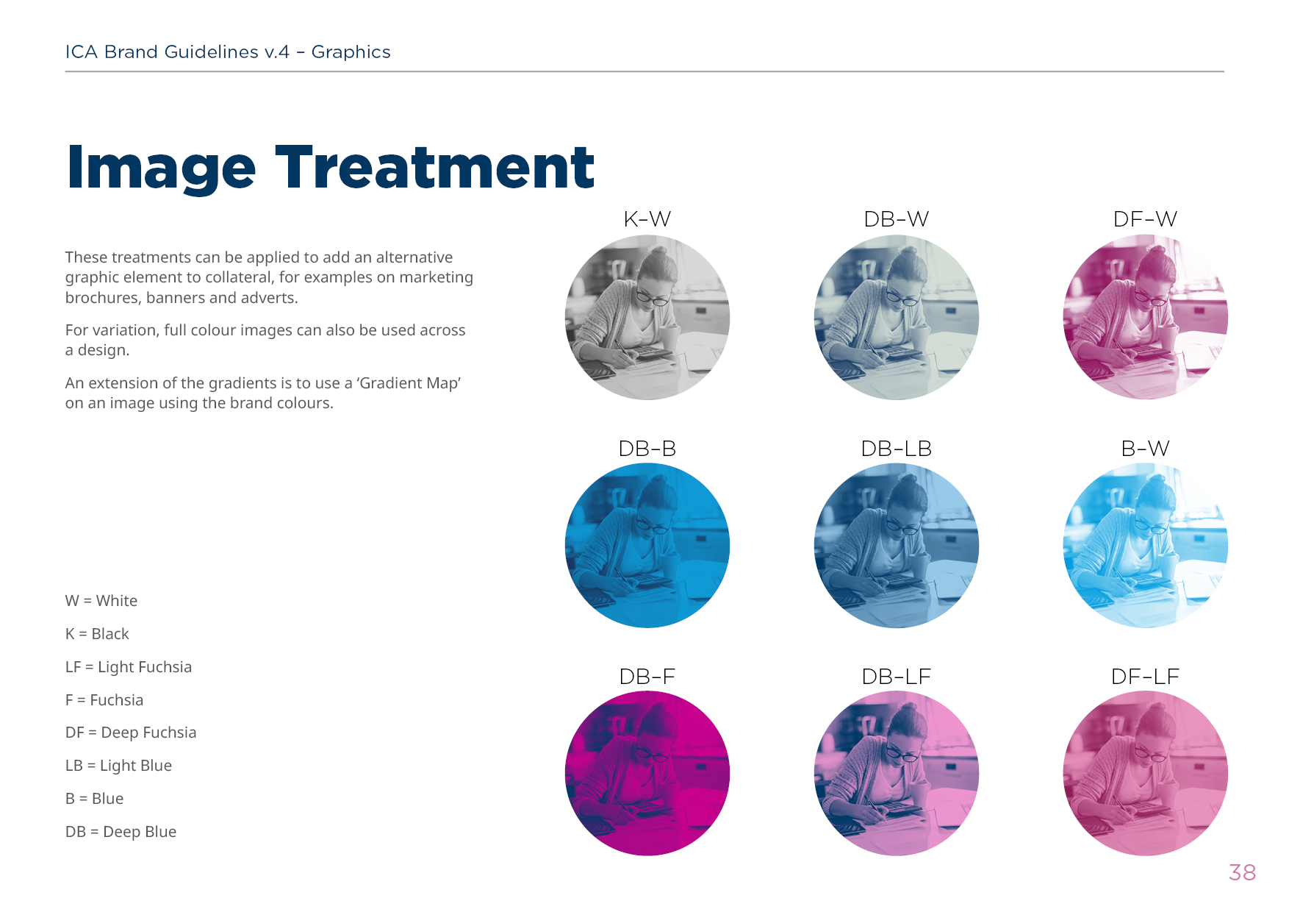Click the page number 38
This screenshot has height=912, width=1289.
tap(1242, 872)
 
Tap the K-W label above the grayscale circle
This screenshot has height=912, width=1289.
tap(647, 219)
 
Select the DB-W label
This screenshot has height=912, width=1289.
tap(896, 219)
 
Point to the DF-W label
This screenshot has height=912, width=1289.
tap(1145, 219)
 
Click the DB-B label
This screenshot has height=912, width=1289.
tap(647, 449)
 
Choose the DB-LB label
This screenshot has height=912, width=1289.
tap(896, 449)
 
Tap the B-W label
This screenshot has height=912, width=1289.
tap(1145, 449)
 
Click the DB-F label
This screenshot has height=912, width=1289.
tap(647, 677)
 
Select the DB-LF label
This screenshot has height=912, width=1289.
tap(896, 677)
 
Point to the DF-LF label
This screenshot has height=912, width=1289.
tap(1145, 677)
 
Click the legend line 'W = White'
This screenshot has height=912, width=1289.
tap(101, 601)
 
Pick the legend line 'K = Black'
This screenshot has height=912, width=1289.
tap(97, 634)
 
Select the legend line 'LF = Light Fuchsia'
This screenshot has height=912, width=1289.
tap(129, 667)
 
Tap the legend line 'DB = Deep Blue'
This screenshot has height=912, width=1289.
tap(121, 832)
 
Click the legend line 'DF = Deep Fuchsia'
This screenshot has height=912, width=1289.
tap(131, 733)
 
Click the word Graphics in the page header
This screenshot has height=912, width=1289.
tap(351, 52)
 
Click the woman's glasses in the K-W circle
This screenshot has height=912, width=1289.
tap(653, 298)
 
